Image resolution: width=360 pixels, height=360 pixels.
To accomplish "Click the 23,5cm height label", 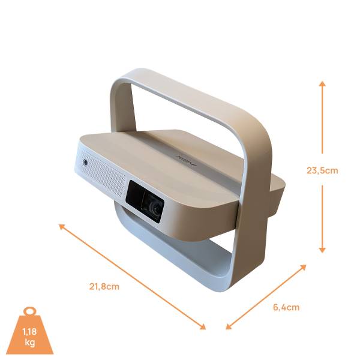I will [322, 170].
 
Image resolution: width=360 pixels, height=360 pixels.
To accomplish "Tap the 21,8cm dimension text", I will [104, 286].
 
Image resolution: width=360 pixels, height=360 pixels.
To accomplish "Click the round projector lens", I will [155, 207].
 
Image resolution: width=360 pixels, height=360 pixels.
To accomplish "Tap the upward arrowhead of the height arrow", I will [322, 85].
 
